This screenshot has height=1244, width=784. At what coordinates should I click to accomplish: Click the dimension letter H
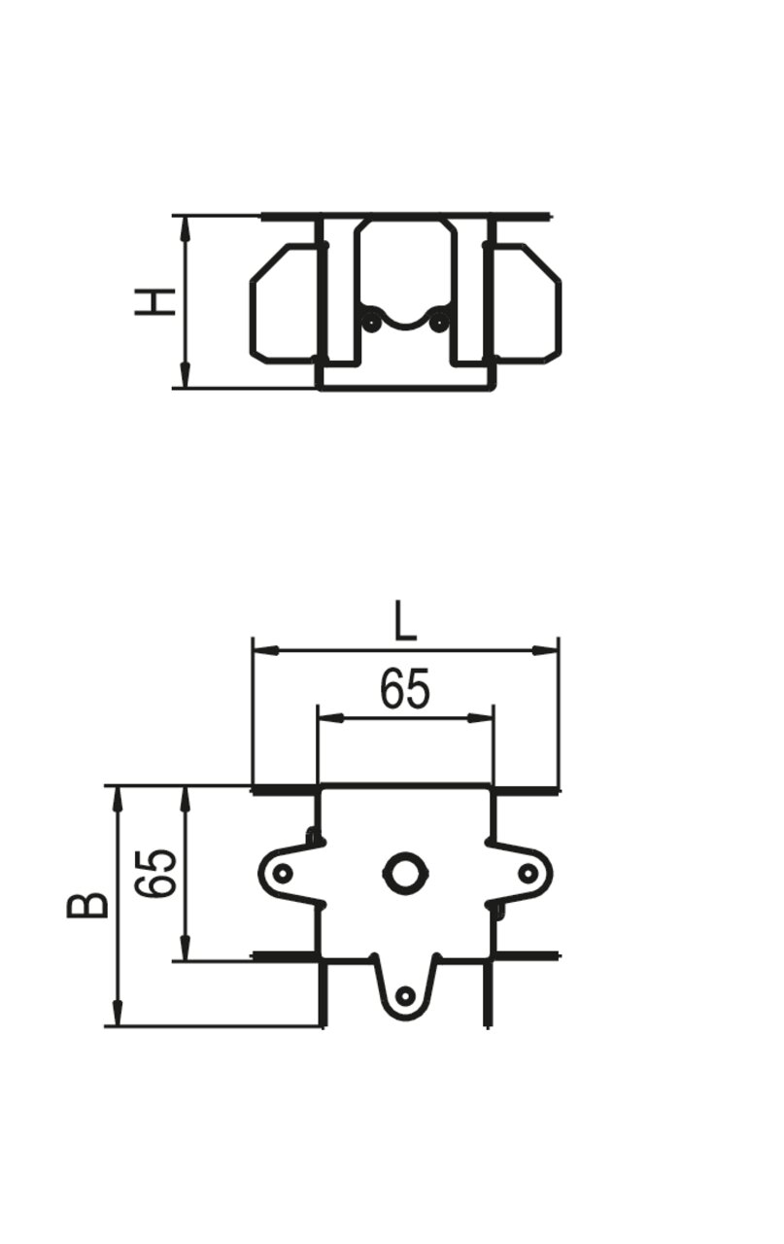pyautogui.click(x=155, y=302)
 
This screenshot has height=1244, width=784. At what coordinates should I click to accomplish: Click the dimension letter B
pyautogui.click(x=87, y=906)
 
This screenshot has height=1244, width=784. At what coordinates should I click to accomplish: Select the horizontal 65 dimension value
pyautogui.click(x=405, y=688)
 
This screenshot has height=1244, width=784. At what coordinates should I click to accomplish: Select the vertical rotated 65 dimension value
pyautogui.click(x=156, y=873)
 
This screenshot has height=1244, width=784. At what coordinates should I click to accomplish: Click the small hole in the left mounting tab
pyautogui.click(x=283, y=874)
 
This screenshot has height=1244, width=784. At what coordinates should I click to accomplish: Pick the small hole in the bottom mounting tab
pyautogui.click(x=406, y=995)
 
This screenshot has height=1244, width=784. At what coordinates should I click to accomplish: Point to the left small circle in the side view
pyautogui.click(x=371, y=322)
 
